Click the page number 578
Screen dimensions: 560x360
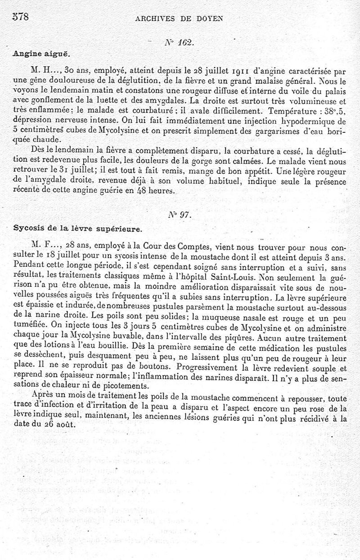coord(19,18)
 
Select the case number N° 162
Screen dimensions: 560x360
coord(179,42)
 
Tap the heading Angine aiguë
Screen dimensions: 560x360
coord(33,53)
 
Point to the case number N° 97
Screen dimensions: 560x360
coord(178,215)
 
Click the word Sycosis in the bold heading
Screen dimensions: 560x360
coord(28,229)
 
